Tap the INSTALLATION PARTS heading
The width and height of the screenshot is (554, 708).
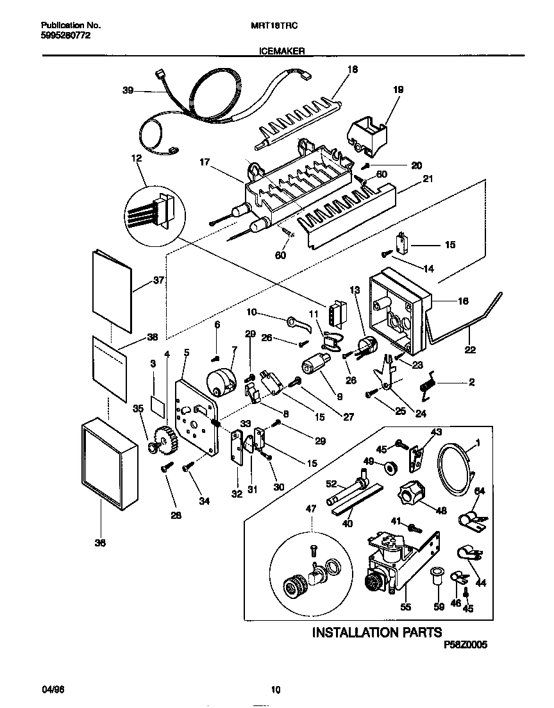coord(376,632)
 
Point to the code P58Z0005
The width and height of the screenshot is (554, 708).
coord(465,647)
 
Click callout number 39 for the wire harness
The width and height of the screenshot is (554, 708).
coord(128,91)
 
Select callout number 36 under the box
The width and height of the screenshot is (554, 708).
coord(100,543)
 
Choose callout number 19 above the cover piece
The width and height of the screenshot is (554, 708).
coord(398,90)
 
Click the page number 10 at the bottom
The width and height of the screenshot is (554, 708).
coord(276,690)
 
